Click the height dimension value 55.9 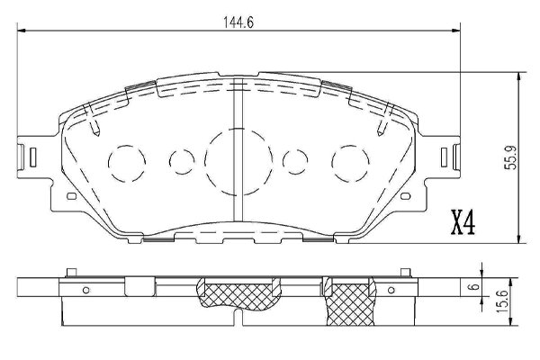(509, 158)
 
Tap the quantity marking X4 (463, 221)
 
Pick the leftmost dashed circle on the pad (126, 162)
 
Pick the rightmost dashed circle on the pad (349, 162)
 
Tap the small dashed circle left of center (182, 162)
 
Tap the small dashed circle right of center (294, 162)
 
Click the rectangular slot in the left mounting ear (31, 157)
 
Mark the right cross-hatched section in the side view (348, 303)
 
